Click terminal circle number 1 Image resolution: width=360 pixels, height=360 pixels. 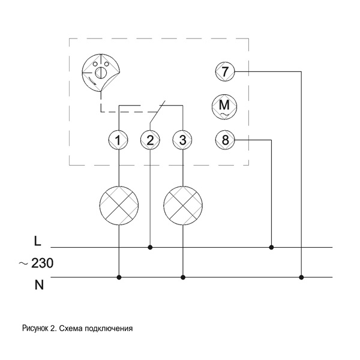pyautogui.click(x=119, y=140)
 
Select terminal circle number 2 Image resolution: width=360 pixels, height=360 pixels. pyautogui.click(x=150, y=140)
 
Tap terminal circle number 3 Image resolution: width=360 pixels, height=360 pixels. pyautogui.click(x=182, y=140)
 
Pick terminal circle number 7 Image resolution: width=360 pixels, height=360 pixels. pyautogui.click(x=224, y=72)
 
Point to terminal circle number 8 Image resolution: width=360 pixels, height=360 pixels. pyautogui.click(x=224, y=140)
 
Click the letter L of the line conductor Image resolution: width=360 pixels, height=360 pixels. pyautogui.click(x=38, y=241)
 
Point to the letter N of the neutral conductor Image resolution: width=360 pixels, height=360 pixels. pyautogui.click(x=39, y=284)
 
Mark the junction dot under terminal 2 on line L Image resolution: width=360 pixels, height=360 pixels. pyautogui.click(x=150, y=247)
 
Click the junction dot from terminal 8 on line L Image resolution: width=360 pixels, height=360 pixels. pyautogui.click(x=272, y=247)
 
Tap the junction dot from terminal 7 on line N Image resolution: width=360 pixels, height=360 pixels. pyautogui.click(x=301, y=277)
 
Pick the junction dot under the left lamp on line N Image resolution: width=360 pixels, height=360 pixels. pyautogui.click(x=119, y=277)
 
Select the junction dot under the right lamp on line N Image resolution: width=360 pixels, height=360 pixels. pyautogui.click(x=182, y=277)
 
